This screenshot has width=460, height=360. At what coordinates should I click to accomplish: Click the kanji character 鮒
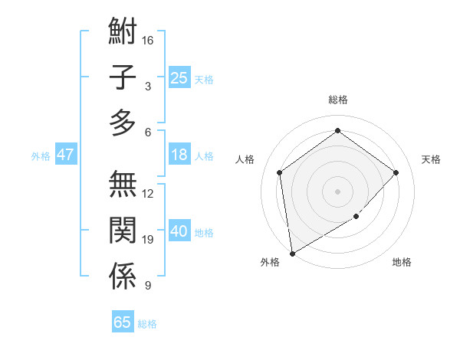pyautogui.click(x=123, y=33)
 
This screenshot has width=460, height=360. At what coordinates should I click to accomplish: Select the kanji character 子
pyautogui.click(x=123, y=77)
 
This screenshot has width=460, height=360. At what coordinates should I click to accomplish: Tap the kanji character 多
pyautogui.click(x=123, y=122)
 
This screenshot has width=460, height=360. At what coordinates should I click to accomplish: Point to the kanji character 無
pyautogui.click(x=123, y=185)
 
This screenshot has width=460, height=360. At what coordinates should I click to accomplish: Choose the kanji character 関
pyautogui.click(x=123, y=231)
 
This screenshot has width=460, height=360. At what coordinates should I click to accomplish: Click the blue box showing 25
pyautogui.click(x=179, y=77)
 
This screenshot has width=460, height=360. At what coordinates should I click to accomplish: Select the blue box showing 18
pyautogui.click(x=179, y=155)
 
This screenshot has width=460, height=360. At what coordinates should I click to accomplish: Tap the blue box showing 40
pyautogui.click(x=179, y=231)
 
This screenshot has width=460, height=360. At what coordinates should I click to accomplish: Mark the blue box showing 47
pyautogui.click(x=66, y=155)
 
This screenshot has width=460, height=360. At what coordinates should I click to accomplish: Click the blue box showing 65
pyautogui.click(x=123, y=322)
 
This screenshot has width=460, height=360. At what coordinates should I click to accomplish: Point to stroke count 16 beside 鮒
pyautogui.click(x=149, y=40)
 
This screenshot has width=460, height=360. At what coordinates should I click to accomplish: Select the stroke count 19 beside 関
pyautogui.click(x=149, y=240)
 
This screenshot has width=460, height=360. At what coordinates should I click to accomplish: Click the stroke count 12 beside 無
pyautogui.click(x=149, y=194)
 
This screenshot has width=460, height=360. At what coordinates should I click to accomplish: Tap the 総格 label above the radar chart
pyautogui.click(x=337, y=100)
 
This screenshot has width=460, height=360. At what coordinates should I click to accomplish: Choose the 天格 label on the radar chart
pyautogui.click(x=431, y=159)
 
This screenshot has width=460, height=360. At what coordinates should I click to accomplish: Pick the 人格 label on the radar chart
pyautogui.click(x=245, y=159)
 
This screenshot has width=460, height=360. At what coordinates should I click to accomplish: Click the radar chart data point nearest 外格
pyautogui.click(x=292, y=253)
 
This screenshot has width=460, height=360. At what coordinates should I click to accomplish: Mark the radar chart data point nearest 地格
pyautogui.click(x=356, y=217)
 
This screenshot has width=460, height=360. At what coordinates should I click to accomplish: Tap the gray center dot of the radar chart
pyautogui.click(x=337, y=191)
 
